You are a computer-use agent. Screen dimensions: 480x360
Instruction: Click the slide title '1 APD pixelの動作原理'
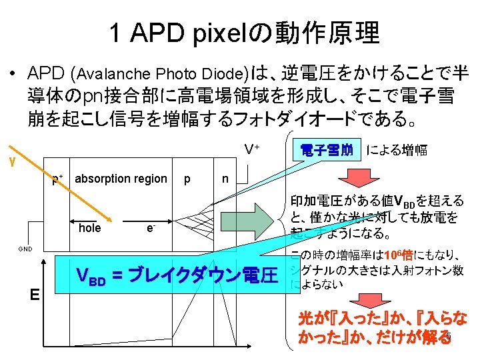[x=243, y=31]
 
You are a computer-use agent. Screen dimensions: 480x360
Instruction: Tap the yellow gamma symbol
[x=10, y=161]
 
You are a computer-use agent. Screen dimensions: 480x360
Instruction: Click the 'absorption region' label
[x=121, y=178]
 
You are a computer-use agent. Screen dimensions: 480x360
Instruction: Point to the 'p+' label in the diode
[x=58, y=179]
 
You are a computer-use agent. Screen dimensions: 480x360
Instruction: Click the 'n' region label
[x=226, y=178]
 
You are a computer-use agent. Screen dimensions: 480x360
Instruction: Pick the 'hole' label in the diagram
[x=89, y=228]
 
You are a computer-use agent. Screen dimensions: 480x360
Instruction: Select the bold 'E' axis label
[x=34, y=295]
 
